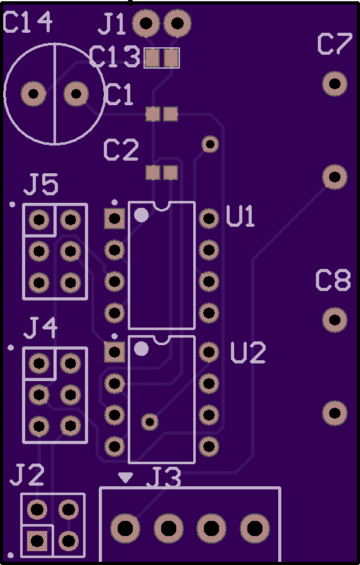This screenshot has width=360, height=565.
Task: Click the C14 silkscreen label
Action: coord(28,22)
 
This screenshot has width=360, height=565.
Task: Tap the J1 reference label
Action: coord(112,24)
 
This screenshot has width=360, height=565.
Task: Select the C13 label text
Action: coord(115,57)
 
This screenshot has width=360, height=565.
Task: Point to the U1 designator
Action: coord(240,216)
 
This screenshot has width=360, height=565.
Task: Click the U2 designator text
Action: coord(248,352)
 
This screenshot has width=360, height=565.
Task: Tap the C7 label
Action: coord(334,44)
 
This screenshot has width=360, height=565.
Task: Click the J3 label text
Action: coord(164,478)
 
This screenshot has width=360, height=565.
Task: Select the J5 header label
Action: coord(41,185)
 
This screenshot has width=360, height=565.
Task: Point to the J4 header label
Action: coord(41,328)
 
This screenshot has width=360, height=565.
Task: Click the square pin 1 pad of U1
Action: coord(115,219)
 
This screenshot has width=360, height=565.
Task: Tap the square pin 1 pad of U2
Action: coord(115,352)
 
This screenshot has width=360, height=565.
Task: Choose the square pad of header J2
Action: coord(37,540)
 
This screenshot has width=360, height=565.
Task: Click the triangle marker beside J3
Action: coord(126,477)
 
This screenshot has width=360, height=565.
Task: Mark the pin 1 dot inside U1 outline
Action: coord(141,215)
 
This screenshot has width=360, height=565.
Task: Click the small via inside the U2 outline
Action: coord(150,421)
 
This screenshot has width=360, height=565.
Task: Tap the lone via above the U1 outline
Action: coord(210,144)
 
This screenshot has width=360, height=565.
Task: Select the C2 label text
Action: coord(121,151)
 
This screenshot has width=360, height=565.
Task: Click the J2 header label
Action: coord(27,474)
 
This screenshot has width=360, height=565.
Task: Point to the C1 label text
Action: coord(119,94)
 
